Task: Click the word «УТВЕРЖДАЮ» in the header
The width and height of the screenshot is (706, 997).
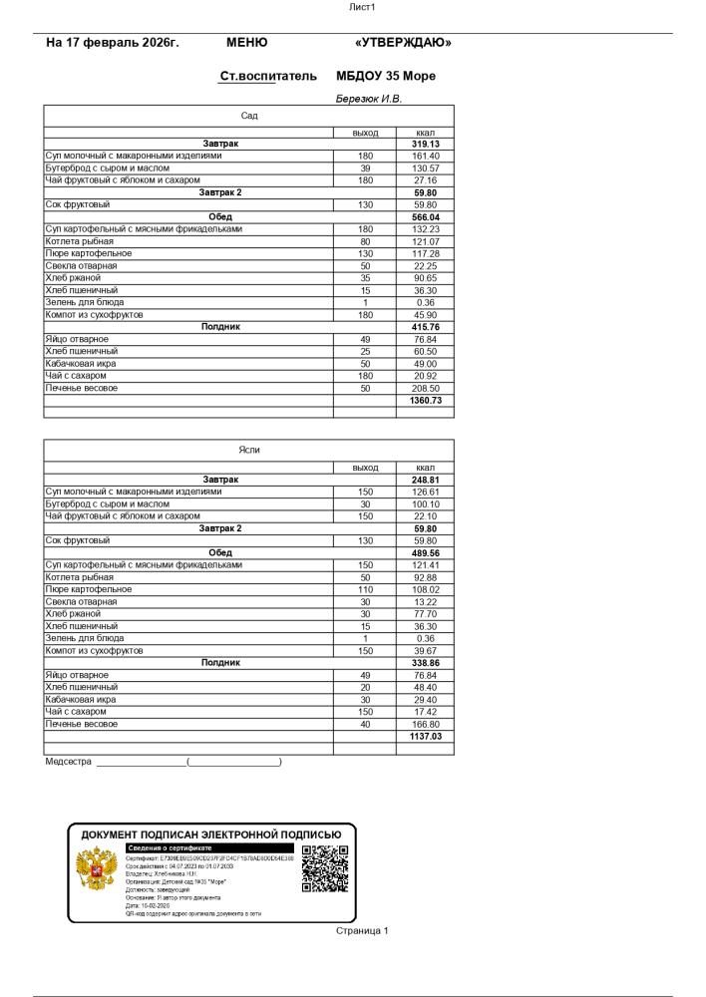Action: (403, 43)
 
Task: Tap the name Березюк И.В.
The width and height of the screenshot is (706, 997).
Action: (369, 99)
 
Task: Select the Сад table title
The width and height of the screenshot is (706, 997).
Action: (249, 116)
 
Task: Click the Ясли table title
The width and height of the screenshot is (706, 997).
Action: (249, 451)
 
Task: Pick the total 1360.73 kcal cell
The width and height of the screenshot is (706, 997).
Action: (425, 400)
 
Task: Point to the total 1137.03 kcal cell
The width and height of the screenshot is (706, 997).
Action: (425, 736)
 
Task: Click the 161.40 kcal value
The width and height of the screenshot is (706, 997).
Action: (425, 156)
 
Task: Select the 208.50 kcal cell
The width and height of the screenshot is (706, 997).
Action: (425, 388)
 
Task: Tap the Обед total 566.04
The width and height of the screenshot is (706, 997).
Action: (425, 217)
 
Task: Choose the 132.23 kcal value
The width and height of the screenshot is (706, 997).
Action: (425, 229)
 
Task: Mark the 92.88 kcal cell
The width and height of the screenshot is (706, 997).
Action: (425, 577)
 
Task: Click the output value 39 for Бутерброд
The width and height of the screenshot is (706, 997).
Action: (365, 168)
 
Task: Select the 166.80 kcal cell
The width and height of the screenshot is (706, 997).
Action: (425, 724)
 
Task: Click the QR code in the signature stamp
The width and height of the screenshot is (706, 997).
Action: (325, 868)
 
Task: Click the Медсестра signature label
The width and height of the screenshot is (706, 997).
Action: (68, 762)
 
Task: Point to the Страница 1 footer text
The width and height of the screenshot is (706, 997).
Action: (362, 930)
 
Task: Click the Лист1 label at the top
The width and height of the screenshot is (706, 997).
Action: (361, 7)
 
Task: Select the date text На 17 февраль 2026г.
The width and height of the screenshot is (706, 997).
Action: (113, 43)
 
